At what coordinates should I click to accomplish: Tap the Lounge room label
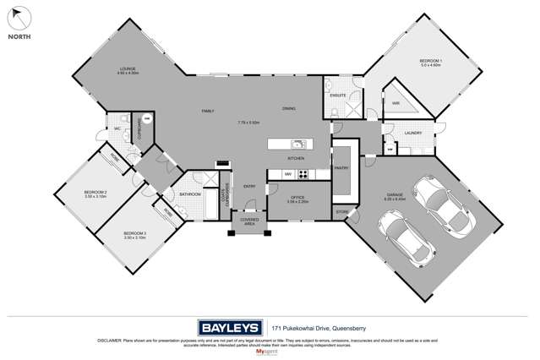(x=128, y=68)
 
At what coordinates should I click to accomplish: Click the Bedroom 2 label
(x=94, y=193)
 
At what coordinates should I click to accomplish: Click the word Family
(x=207, y=111)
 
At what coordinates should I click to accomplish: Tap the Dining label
(x=289, y=108)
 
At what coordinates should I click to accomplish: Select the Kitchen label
(x=296, y=158)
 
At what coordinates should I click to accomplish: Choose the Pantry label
(x=342, y=168)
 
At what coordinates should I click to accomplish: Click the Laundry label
(x=413, y=133)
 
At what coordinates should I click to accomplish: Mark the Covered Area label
(x=249, y=221)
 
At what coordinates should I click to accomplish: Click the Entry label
(x=249, y=187)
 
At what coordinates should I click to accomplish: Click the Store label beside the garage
(x=342, y=211)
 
